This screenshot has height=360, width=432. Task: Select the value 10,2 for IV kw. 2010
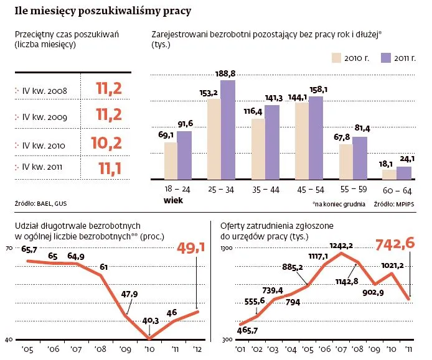pos(113,143)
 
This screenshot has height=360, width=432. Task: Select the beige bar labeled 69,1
pos(170,160)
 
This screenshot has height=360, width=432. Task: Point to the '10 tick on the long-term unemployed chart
pos(149,348)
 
